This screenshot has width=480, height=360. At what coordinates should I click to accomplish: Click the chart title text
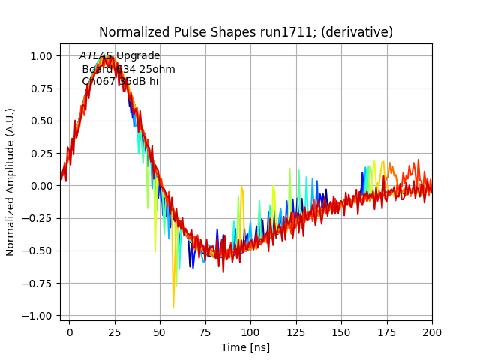point(246,32)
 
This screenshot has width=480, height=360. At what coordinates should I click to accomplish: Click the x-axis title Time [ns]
point(245,347)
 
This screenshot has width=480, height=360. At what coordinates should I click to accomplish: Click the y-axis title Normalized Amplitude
point(11,185)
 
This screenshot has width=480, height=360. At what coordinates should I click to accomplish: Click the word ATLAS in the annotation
point(96,56)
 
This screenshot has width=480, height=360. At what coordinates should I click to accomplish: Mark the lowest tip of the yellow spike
point(173,307)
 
